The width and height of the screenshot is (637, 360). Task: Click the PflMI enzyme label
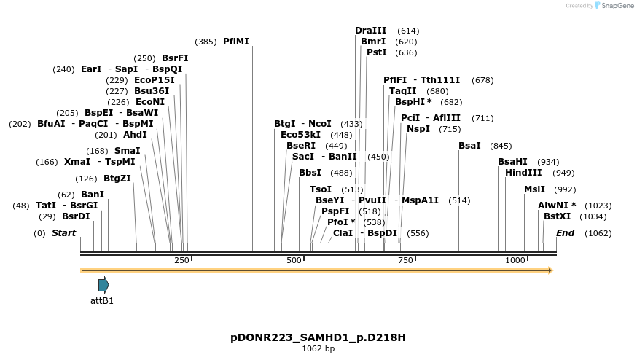tap(236, 42)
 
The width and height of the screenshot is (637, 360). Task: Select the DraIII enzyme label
tap(371, 31)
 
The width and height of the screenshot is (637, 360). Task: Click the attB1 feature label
tap(102, 300)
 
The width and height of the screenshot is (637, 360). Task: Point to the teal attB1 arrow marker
tap(103, 285)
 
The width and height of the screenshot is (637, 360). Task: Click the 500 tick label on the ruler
tap(294, 260)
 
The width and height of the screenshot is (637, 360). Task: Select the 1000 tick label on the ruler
tap(515, 260)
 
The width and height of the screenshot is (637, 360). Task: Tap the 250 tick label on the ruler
tap(181, 260)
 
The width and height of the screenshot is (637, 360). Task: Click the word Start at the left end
tap(63, 233)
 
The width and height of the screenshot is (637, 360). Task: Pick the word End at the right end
tap(565, 233)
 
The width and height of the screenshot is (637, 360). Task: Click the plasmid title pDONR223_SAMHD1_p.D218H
tap(318, 337)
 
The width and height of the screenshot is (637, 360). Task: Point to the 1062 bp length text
tap(318, 349)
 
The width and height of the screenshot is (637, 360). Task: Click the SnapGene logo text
tap(615, 6)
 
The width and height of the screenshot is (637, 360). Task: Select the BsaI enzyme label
tap(469, 146)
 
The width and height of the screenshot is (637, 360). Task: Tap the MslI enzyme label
tap(534, 189)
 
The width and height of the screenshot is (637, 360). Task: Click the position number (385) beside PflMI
tap(206, 42)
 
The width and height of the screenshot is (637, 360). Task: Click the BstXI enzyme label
tap(557, 216)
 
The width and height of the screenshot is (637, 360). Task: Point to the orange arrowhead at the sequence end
tap(550, 270)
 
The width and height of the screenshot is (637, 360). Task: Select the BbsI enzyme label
tap(310, 173)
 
